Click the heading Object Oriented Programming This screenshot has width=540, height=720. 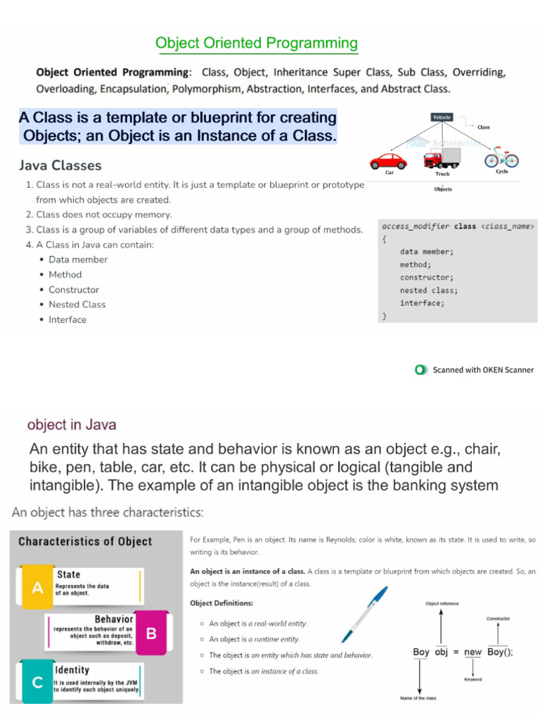tap(257, 44)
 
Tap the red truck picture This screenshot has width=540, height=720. tap(442, 157)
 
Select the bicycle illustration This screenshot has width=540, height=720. tap(501, 157)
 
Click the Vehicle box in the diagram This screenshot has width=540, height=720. tap(442, 117)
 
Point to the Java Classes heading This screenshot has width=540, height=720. tap(60, 166)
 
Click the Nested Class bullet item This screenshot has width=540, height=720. tap(77, 304)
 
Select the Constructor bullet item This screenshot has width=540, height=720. tap(74, 290)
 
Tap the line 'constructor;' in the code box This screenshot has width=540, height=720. tap(427, 278)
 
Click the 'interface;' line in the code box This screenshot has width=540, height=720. tap(422, 303)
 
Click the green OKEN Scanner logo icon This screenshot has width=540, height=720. tap(420, 370)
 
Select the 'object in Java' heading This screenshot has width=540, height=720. tap(72, 425)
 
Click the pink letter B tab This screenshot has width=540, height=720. tap(150, 634)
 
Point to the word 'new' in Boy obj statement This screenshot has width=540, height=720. tap(473, 652)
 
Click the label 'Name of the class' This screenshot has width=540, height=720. tap(419, 698)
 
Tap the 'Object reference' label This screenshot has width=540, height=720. tap(442, 604)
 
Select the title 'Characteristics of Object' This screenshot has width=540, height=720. tap(85, 541)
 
